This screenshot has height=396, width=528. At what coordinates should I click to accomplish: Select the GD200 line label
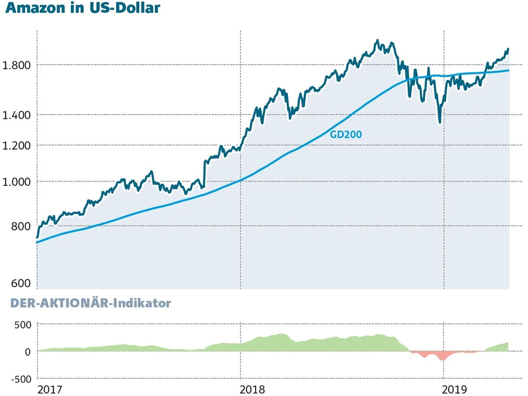click(346, 134)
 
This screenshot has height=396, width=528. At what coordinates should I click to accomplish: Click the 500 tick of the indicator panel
click(23, 324)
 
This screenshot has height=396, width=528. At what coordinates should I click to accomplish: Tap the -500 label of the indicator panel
click(21, 379)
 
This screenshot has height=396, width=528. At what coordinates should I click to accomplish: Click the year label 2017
click(50, 390)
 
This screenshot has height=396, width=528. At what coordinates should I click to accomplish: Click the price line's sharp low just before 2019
click(440, 122)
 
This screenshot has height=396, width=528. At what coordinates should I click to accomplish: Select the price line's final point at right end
click(508, 49)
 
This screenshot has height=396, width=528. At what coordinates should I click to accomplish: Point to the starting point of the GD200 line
click(37, 242)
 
